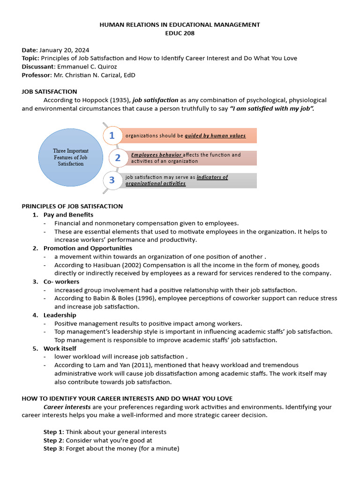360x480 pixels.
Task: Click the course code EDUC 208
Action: coord(180,33)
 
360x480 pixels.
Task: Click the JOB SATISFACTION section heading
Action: coord(49,91)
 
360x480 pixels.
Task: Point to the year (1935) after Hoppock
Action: coord(120,100)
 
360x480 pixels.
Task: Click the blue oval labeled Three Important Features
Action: coord(70,157)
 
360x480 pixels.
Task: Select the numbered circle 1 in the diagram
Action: coord(112,135)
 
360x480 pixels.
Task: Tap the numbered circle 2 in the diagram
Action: coord(118,158)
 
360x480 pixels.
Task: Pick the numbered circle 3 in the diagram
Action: coord(112,180)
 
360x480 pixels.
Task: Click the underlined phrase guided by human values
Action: coord(215,135)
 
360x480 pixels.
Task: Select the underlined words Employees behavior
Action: coord(156,155)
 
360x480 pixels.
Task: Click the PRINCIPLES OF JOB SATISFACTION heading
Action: coord(72,206)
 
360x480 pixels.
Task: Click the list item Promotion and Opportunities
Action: coord(88,248)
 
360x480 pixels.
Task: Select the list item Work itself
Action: coord(60,348)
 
